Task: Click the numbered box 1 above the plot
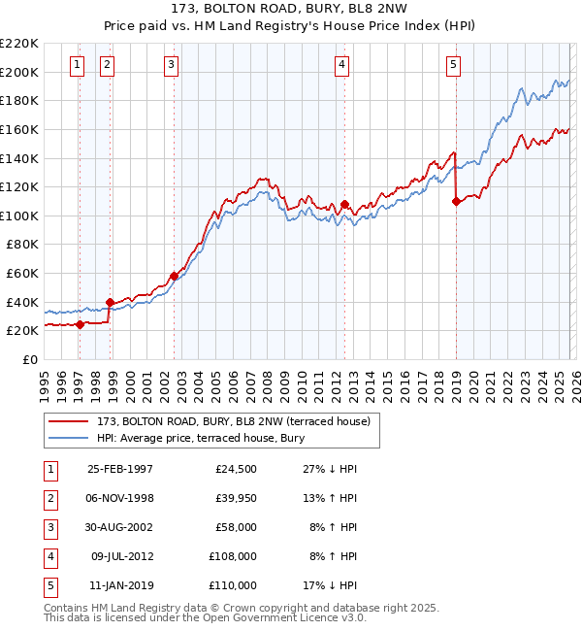[77, 65]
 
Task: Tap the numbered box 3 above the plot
[171, 65]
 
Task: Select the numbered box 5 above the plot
[453, 65]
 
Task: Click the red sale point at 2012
[344, 204]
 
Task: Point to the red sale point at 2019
[456, 202]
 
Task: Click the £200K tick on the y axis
[20, 72]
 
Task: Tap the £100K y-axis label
[20, 216]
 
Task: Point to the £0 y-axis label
[30, 359]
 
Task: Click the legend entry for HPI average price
[200, 438]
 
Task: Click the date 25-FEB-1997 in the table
[120, 469]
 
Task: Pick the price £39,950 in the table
[234, 498]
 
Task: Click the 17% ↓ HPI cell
[330, 585]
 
